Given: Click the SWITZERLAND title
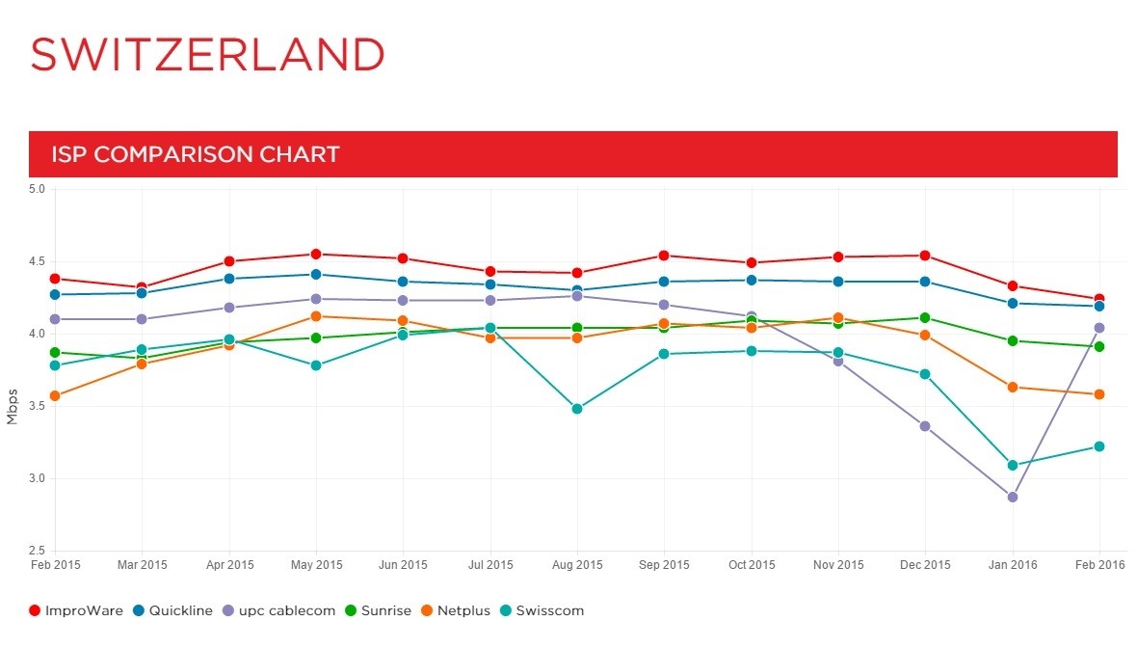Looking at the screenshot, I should point(207,55).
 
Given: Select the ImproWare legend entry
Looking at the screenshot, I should point(76,610).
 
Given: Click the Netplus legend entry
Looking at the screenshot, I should point(460,610).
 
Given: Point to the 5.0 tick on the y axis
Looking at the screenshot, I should point(37,189).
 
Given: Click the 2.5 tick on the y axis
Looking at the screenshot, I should point(37,551).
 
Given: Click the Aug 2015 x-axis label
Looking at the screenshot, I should point(576,565).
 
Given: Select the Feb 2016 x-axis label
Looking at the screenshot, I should point(1098,565).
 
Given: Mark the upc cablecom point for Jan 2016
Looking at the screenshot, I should point(1012,497).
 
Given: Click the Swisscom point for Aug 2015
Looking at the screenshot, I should point(576,409).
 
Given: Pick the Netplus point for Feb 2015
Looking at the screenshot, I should point(55,395).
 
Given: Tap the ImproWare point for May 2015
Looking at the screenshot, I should point(316,255).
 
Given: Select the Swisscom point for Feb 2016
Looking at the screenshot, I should point(1098,446).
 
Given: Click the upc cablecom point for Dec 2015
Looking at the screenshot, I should point(925,426).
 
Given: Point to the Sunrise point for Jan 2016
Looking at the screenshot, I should point(1012,340).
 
